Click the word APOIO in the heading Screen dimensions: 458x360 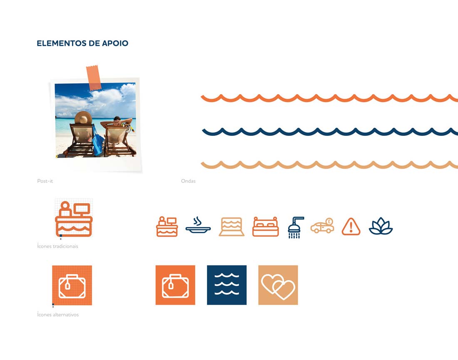pyautogui.click(x=115, y=43)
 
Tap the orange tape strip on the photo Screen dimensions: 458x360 pyautogui.click(x=93, y=78)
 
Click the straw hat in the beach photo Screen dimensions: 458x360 pyautogui.click(x=83, y=118)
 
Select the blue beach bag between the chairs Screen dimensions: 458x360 pyautogui.click(x=97, y=141)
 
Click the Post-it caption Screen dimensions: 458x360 pyautogui.click(x=45, y=181)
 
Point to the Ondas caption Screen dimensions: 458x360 pyautogui.click(x=188, y=181)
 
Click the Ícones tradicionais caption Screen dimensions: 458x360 pyautogui.click(x=57, y=246)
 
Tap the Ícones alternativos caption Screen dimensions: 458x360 pyautogui.click(x=58, y=315)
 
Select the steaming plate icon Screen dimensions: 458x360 pyautogui.click(x=198, y=225)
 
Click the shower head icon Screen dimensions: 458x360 pyautogui.click(x=296, y=227)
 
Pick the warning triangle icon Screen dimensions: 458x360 pyautogui.click(x=351, y=227)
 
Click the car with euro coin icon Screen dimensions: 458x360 pyautogui.click(x=322, y=226)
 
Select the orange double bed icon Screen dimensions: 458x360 pyautogui.click(x=266, y=227)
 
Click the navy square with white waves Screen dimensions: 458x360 pyautogui.click(x=227, y=285)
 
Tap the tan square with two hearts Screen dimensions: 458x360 pyautogui.click(x=278, y=285)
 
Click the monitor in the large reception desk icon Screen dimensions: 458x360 pyautogui.click(x=82, y=210)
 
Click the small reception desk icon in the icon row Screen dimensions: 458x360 pyautogui.click(x=167, y=227)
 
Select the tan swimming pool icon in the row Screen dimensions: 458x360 pyautogui.click(x=231, y=227)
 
